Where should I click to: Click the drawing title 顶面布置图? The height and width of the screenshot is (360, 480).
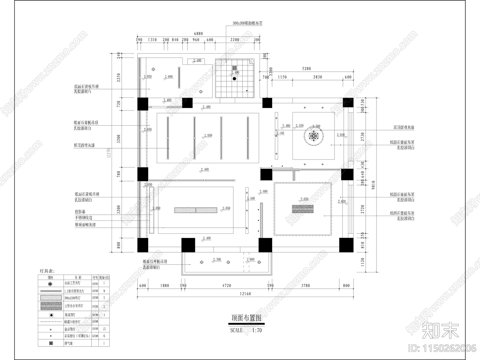point(246,318)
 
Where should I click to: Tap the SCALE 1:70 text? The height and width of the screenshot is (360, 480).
point(246,330)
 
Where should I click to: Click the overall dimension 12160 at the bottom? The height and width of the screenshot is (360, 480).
point(245,294)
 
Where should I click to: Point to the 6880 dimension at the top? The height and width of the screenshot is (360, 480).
point(198,34)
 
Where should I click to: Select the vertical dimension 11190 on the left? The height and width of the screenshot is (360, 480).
point(109,152)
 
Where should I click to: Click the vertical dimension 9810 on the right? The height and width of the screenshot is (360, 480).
point(373,185)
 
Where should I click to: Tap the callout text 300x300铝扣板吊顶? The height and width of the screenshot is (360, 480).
point(247,23)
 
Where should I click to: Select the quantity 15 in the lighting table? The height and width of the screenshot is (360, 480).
point(104,329)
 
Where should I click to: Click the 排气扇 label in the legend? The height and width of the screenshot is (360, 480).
point(68,343)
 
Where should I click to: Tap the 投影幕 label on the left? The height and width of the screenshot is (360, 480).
point(80,211)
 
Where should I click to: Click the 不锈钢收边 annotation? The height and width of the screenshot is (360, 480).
point(83,218)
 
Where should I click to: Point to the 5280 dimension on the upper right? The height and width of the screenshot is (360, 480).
point(306,69)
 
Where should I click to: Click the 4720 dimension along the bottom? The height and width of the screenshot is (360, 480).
point(227,286)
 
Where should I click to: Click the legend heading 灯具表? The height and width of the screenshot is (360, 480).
point(47,271)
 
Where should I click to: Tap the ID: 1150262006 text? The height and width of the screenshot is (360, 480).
point(442,348)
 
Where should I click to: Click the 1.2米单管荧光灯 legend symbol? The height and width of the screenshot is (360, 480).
point(50,291)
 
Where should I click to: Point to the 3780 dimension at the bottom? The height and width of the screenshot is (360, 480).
point(305,286)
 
